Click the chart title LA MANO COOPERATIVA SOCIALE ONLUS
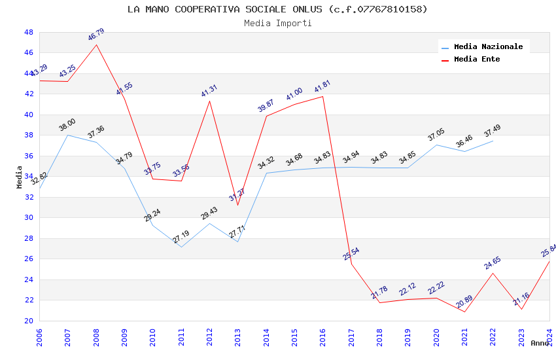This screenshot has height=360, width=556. (277, 9)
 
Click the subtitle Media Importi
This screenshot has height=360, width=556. (277, 23)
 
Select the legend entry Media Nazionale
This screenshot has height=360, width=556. (488, 47)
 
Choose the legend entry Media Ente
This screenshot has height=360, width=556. (477, 60)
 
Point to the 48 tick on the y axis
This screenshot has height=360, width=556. (28, 32)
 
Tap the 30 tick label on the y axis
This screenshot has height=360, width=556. (28, 218)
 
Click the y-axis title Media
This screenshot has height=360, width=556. (20, 177)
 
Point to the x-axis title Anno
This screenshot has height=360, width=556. (540, 343)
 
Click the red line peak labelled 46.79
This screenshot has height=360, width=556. (97, 45)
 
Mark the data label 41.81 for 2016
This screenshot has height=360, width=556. (322, 87)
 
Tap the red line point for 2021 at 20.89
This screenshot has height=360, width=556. (464, 312)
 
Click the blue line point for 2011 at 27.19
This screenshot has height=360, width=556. (181, 247)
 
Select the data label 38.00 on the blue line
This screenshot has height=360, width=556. (67, 125)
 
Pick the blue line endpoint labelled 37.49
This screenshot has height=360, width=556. (493, 141)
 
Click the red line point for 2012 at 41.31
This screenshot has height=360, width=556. (210, 101)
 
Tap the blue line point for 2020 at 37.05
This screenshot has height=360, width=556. (436, 145)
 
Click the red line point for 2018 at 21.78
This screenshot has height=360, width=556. (379, 302)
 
